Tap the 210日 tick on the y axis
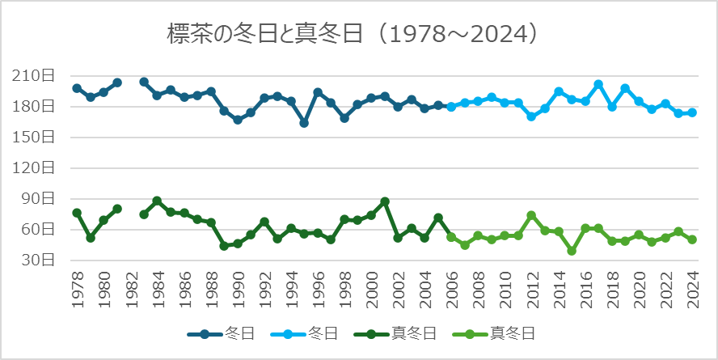(x=36, y=76)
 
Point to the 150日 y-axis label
(x=36, y=138)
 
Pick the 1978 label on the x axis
(x=77, y=286)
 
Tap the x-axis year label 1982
(x=130, y=286)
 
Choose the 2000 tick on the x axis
(x=371, y=286)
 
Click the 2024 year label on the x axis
(x=692, y=286)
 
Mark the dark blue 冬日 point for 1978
(x=77, y=88)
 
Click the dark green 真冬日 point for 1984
(x=157, y=201)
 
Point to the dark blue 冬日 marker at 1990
(x=237, y=120)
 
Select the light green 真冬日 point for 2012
(x=531, y=215)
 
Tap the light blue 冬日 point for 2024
(x=692, y=113)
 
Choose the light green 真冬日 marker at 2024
(x=692, y=239)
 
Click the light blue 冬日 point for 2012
(x=531, y=116)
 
